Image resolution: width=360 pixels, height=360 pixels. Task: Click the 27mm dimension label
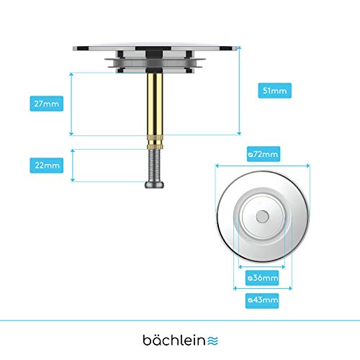(47, 104)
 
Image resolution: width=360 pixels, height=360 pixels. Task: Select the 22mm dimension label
(47, 166)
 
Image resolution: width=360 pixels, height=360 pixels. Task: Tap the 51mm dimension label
(275, 91)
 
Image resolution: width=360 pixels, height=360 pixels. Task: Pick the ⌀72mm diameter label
(264, 154)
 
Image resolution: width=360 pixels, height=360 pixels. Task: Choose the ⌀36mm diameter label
(262, 278)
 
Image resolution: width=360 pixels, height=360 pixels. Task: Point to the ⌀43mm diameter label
(262, 301)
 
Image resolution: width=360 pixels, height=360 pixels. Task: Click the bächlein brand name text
(174, 340)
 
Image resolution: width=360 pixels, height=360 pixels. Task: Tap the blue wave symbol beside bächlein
(212, 341)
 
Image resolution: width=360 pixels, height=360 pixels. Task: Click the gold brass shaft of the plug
(155, 104)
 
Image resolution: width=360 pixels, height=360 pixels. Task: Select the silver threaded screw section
(154, 166)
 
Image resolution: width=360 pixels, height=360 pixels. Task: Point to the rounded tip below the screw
(154, 185)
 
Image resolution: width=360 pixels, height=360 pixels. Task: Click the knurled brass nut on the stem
(156, 143)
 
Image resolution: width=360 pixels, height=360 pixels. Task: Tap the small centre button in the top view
(262, 217)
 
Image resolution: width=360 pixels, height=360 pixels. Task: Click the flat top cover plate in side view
(156, 48)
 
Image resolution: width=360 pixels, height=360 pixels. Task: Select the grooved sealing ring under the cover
(155, 63)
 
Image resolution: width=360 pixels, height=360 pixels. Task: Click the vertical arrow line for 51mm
(239, 91)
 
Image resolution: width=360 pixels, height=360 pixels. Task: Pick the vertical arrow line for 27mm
(71, 104)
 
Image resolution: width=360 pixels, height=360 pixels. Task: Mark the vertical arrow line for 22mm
(73, 166)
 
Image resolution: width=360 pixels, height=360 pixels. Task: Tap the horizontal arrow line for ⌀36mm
(261, 266)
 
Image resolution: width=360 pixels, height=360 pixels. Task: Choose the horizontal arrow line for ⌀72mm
(263, 166)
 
